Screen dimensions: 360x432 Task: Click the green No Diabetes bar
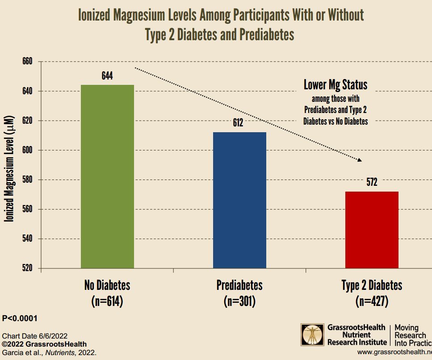[107, 176]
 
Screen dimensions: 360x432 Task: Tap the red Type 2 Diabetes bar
[372, 230]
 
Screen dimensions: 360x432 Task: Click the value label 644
[107, 75]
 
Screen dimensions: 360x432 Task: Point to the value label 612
[238, 123]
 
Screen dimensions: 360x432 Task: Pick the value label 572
[372, 182]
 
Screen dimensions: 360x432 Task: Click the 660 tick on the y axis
[28, 62]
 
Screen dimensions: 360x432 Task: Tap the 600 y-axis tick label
[28, 150]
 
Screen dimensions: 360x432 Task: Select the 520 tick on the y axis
[28, 268]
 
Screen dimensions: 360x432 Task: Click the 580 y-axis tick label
[28, 180]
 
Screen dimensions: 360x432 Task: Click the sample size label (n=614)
[107, 301]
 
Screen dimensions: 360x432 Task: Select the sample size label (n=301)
[239, 301]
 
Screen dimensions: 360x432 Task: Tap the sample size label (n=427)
[372, 301]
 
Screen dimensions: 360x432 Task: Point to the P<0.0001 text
[20, 318]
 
